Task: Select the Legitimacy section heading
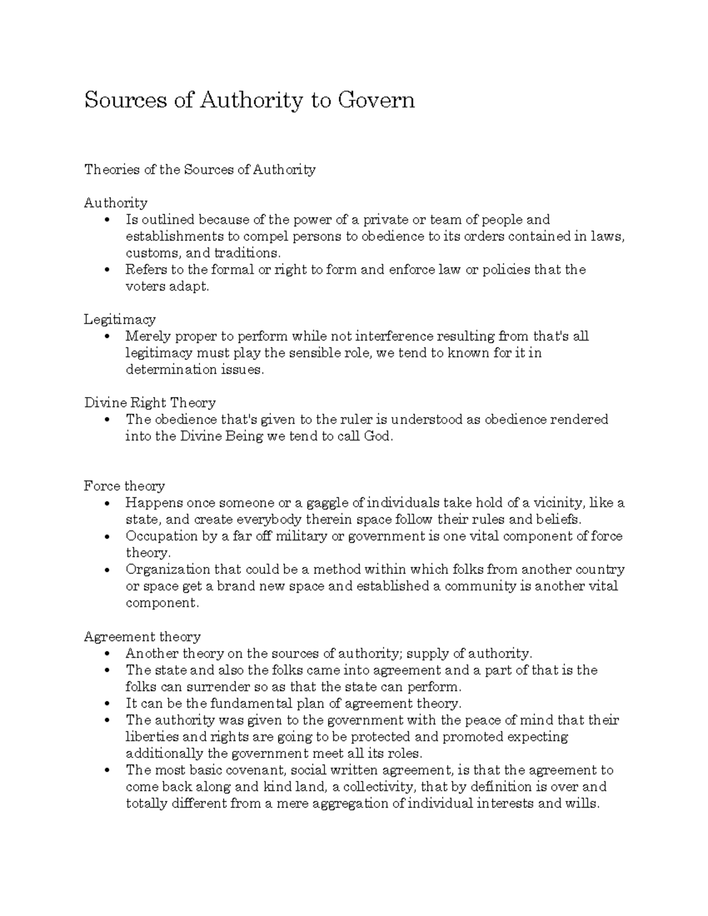120,320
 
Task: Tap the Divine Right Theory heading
150,403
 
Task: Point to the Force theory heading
124,486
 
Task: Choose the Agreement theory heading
142,636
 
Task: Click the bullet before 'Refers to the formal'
106,270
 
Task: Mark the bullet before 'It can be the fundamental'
106,704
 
